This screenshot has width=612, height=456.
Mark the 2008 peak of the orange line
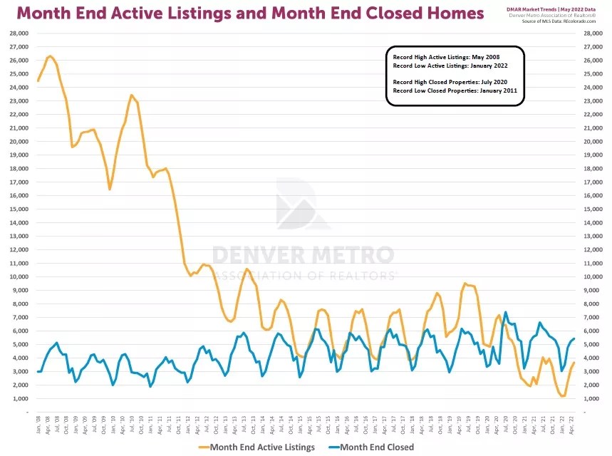(50, 56)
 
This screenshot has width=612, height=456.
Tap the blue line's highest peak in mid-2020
(506, 312)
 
